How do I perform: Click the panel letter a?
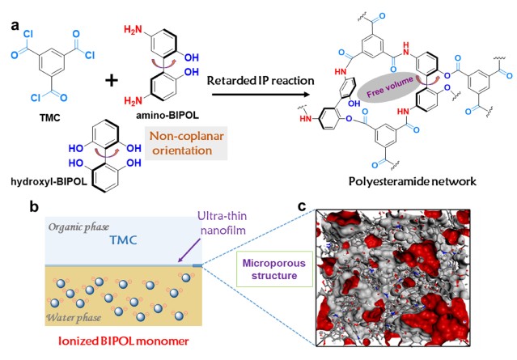click(15, 25)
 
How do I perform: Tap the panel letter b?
click(34, 207)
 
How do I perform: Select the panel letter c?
click(302, 207)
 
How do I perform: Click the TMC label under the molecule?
click(50, 117)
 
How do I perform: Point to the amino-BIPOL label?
click(167, 115)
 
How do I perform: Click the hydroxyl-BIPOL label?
click(49, 182)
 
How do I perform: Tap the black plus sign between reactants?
click(112, 80)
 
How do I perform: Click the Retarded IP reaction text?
click(261, 81)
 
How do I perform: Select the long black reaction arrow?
click(261, 95)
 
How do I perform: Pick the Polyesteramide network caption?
click(413, 181)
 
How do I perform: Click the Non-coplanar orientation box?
click(186, 143)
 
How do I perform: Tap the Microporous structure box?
click(274, 269)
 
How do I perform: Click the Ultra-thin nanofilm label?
click(222, 222)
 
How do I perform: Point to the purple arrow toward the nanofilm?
click(189, 251)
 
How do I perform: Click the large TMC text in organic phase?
click(123, 240)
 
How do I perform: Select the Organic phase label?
click(78, 227)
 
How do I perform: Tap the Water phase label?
click(74, 318)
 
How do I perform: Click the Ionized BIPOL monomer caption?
click(123, 341)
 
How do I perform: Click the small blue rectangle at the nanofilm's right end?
click(197, 265)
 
